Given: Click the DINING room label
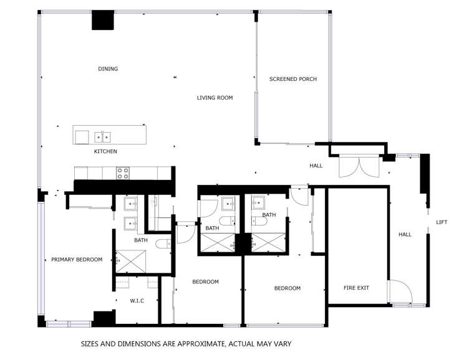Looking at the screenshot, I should [x=108, y=69].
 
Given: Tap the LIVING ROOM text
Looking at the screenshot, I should [x=214, y=98].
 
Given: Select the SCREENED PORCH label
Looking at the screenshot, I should [x=293, y=79].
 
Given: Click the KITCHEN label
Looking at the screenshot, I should [x=105, y=151].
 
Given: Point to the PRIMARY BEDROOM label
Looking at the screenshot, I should [x=77, y=260].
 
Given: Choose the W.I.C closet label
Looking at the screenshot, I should [x=137, y=301].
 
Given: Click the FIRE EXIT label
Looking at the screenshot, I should [x=357, y=288].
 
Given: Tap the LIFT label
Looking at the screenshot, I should [x=441, y=222].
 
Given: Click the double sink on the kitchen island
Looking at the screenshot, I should [x=103, y=136].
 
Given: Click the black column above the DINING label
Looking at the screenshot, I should [x=103, y=21].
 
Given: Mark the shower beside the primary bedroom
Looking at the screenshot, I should [x=131, y=261].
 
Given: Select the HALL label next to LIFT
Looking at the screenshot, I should [x=405, y=235].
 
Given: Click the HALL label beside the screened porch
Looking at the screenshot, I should [x=316, y=166].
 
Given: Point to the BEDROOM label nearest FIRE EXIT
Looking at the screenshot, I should [x=287, y=288].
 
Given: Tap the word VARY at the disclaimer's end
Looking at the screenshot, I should [x=281, y=343].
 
